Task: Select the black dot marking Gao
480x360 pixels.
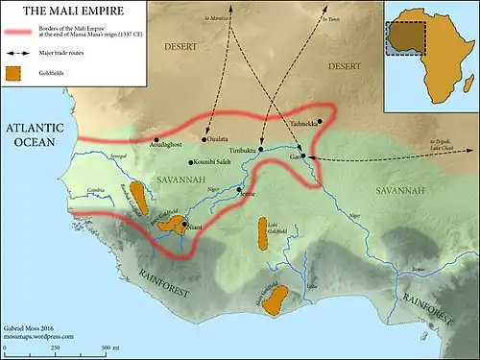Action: pyautogui.click(x=302, y=156)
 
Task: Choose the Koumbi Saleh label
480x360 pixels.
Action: pyautogui.click(x=215, y=163)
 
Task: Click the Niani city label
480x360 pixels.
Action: pyautogui.click(x=194, y=228)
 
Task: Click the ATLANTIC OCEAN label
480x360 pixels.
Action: pyautogui.click(x=36, y=134)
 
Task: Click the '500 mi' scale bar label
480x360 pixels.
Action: pyautogui.click(x=106, y=346)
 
